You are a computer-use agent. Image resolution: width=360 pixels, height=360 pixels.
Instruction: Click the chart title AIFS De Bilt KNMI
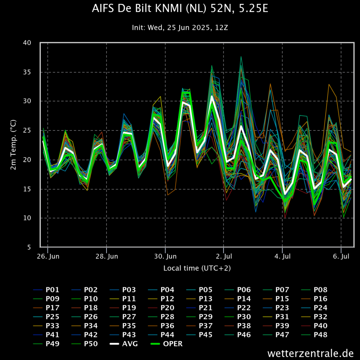(180, 9)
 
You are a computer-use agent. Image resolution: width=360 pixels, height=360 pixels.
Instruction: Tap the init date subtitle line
(180, 27)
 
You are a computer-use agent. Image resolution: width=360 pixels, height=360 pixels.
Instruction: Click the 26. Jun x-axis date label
(48, 256)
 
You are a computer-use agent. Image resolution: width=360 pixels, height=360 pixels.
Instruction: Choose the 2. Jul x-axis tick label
(224, 256)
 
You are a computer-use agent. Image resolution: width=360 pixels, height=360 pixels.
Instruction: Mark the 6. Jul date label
(341, 256)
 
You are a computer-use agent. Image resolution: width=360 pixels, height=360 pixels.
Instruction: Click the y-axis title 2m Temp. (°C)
(13, 145)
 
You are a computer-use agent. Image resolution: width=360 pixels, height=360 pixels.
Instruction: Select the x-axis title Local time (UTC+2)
(197, 268)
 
